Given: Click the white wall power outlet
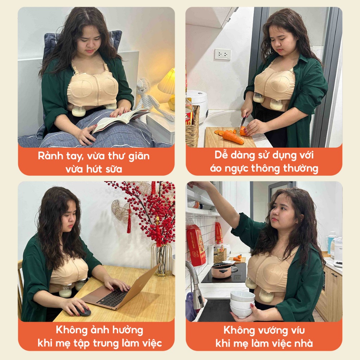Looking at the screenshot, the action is click(223, 54).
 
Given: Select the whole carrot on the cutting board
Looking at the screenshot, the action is click(233, 137).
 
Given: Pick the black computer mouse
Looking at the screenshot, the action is click(82, 311).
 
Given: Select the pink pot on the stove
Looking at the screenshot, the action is click(222, 270).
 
